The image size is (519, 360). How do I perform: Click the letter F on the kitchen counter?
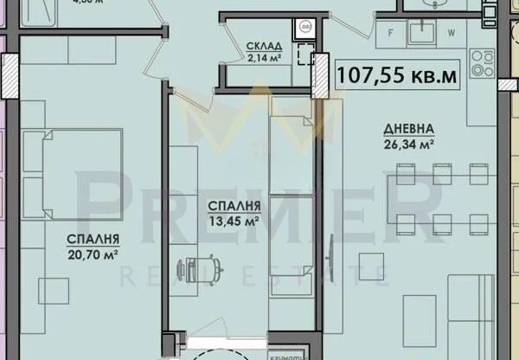tap(392, 35)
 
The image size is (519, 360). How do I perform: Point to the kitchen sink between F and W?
tap(424, 33)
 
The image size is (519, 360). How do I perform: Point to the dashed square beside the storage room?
tap(304, 56)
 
